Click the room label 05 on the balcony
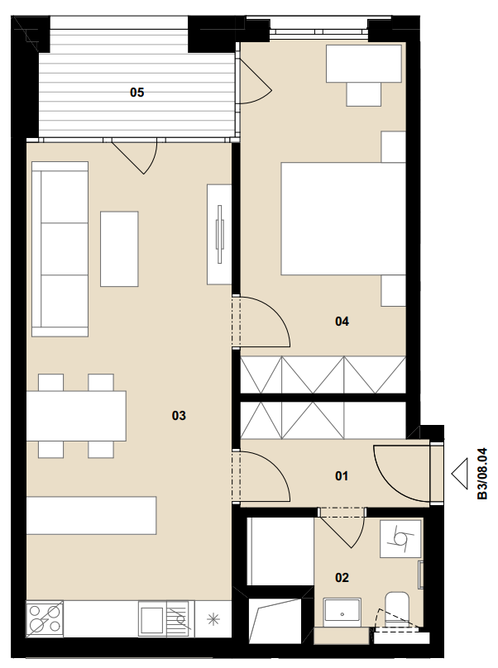coord(136,92)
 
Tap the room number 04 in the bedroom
coord(342,322)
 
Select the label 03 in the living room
coord(179,415)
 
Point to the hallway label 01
coord(342,475)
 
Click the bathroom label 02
coord(342,578)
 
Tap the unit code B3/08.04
coord(481,474)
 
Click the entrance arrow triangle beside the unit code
coord(460,474)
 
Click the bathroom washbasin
coord(342,612)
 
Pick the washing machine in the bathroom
coord(401,538)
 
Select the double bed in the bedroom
coord(343,218)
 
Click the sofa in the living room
coord(60,249)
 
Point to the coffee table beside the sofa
coord(119,249)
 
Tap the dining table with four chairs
coord(76,416)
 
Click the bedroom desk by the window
coord(364,64)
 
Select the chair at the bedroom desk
coord(364,94)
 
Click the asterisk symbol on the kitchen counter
coord(213,619)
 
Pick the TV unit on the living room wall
coord(219,234)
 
